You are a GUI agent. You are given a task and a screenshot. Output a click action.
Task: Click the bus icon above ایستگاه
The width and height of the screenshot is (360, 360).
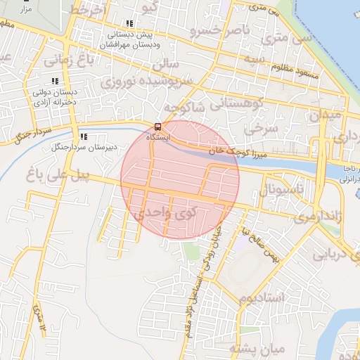[157, 127]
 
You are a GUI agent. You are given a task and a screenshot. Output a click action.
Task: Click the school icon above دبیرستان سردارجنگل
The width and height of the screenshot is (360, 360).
[83, 136]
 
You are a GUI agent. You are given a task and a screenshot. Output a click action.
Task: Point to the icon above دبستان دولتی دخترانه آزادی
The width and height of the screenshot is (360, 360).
[56, 81]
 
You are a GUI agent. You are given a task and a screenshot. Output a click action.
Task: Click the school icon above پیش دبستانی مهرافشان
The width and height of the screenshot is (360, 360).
[129, 24]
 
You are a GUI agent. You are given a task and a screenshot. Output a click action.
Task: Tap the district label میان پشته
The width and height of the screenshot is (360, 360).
[259, 349]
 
